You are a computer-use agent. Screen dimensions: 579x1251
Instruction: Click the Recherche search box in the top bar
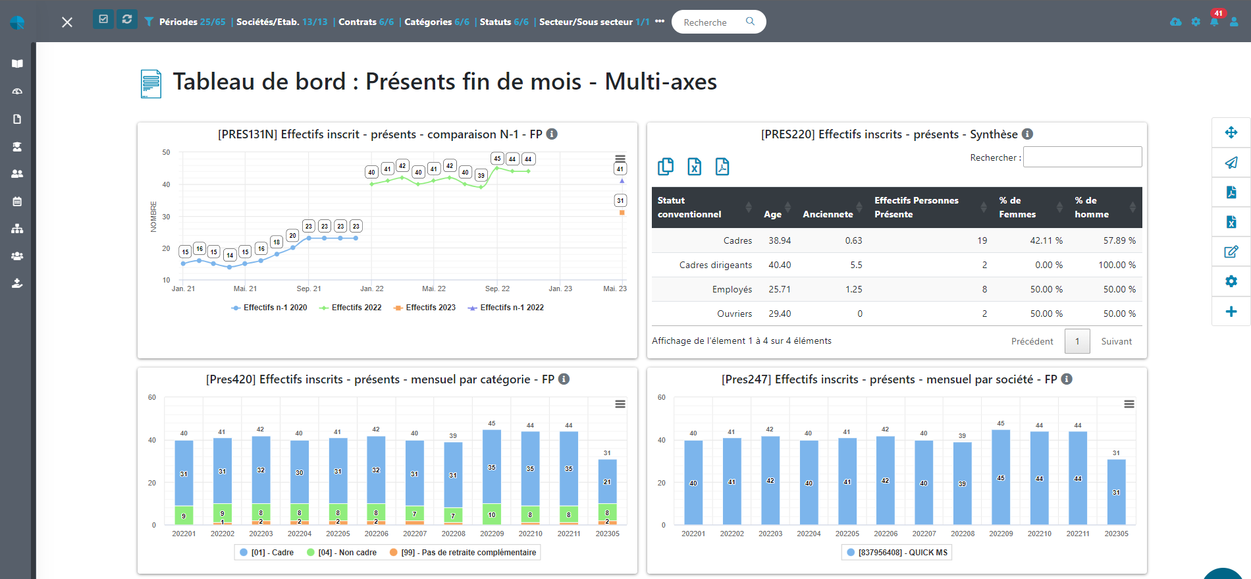pyautogui.click(x=711, y=22)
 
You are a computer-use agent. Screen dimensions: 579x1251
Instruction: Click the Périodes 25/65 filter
pyautogui.click(x=192, y=22)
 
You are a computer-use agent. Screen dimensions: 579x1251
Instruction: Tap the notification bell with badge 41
pyautogui.click(x=1214, y=21)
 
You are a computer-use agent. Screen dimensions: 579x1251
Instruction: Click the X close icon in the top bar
pyautogui.click(x=67, y=22)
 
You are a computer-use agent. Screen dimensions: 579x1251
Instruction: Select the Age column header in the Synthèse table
pyautogui.click(x=772, y=214)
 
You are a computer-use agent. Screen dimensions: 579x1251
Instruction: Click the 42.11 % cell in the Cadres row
pyautogui.click(x=1046, y=240)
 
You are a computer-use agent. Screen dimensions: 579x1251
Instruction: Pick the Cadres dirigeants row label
pyautogui.click(x=715, y=265)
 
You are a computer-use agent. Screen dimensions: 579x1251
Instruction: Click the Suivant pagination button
pyautogui.click(x=1116, y=341)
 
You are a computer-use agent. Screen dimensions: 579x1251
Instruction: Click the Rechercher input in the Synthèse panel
pyautogui.click(x=1082, y=157)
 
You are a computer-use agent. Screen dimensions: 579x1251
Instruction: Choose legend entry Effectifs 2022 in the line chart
pyautogui.click(x=356, y=308)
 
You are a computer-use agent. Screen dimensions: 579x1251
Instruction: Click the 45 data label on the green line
pyautogui.click(x=497, y=159)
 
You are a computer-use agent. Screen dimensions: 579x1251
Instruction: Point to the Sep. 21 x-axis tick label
pyautogui.click(x=308, y=289)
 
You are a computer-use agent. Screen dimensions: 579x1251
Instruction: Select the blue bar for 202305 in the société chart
pyautogui.click(x=1116, y=491)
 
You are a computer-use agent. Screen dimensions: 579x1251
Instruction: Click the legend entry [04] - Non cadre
pyautogui.click(x=347, y=553)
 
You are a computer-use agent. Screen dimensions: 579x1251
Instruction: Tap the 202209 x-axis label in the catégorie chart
pyautogui.click(x=491, y=534)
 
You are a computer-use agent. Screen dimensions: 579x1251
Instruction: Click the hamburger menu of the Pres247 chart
pyautogui.click(x=1129, y=404)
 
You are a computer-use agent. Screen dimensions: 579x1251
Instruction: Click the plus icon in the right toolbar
pyautogui.click(x=1231, y=312)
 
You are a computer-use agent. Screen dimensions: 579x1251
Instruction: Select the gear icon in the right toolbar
pyautogui.click(x=1231, y=281)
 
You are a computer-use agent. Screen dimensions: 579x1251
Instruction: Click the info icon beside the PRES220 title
pyautogui.click(x=1027, y=134)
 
